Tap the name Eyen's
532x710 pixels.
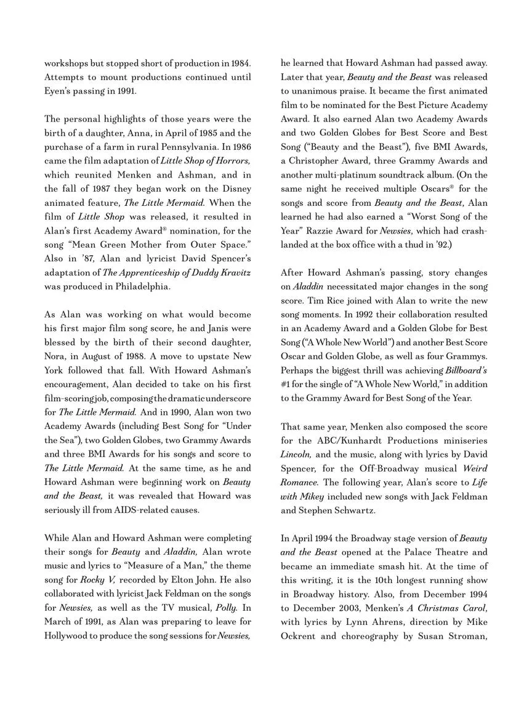59,91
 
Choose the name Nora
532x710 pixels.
55,356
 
